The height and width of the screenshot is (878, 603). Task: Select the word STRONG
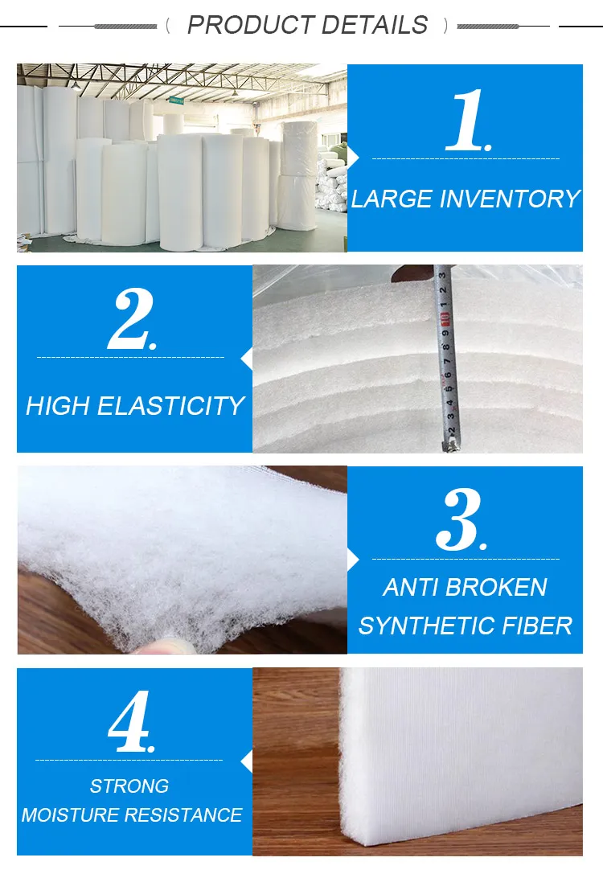tap(129, 786)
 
